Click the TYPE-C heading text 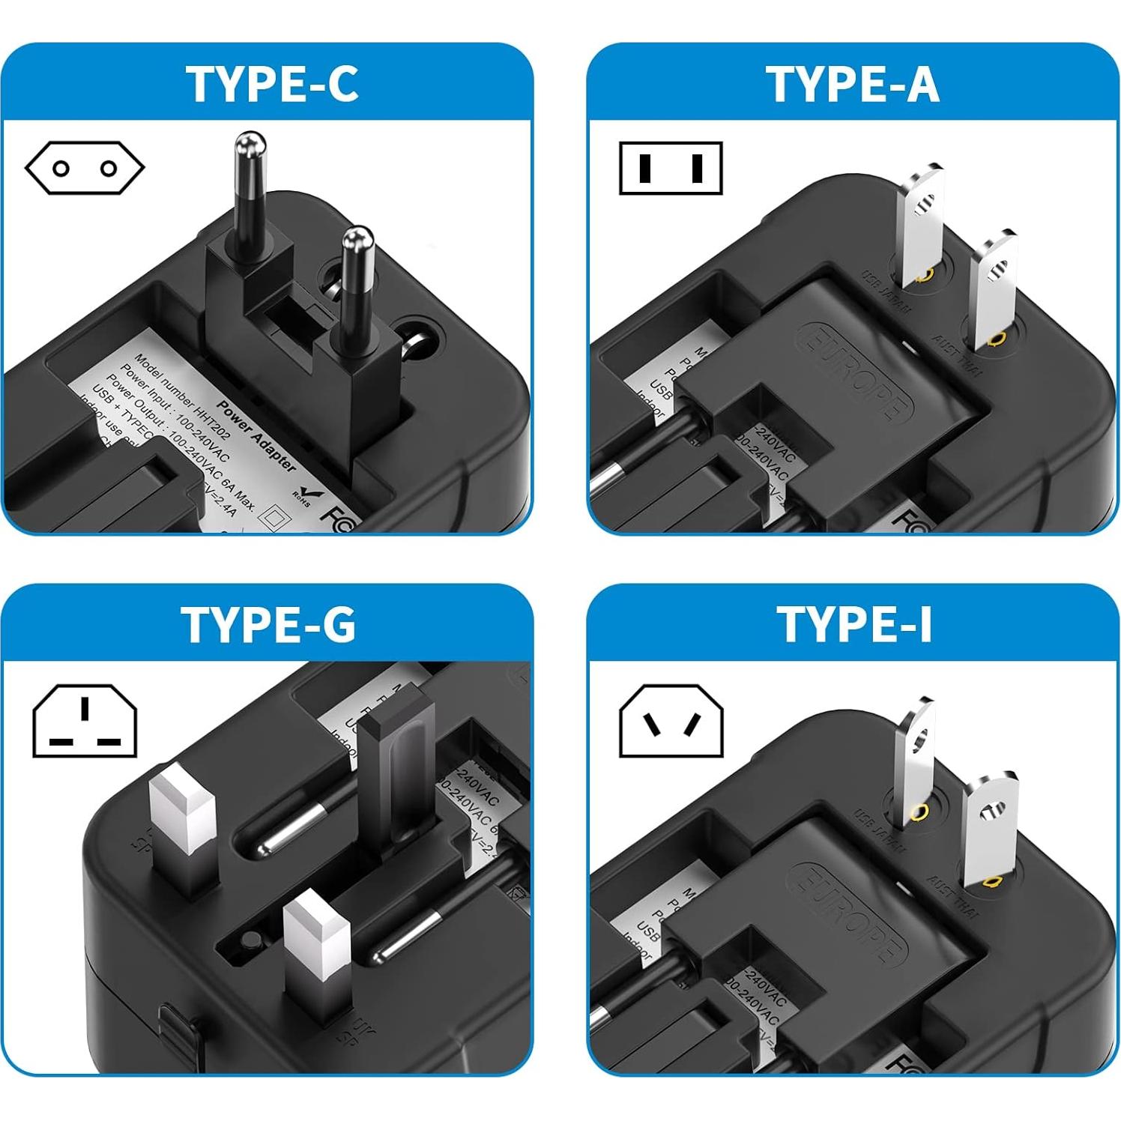[x=272, y=84]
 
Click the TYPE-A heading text [x=853, y=84]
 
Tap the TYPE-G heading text [x=268, y=623]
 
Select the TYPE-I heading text [x=854, y=623]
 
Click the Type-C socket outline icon [x=85, y=168]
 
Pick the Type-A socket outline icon [x=671, y=168]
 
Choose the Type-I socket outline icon [x=671, y=722]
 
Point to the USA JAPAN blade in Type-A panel [x=922, y=225]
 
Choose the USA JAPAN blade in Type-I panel [x=916, y=757]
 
